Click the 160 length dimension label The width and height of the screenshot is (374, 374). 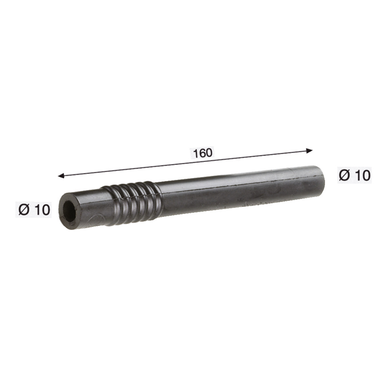[202, 153]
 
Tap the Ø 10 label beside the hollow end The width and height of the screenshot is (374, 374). [34, 210]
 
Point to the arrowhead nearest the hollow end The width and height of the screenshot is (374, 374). [61, 176]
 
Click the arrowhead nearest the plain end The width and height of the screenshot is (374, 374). [309, 151]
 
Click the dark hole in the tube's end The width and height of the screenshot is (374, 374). [69, 211]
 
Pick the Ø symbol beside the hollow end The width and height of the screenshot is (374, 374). [24, 210]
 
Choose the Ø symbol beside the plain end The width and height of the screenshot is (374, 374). [344, 175]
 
